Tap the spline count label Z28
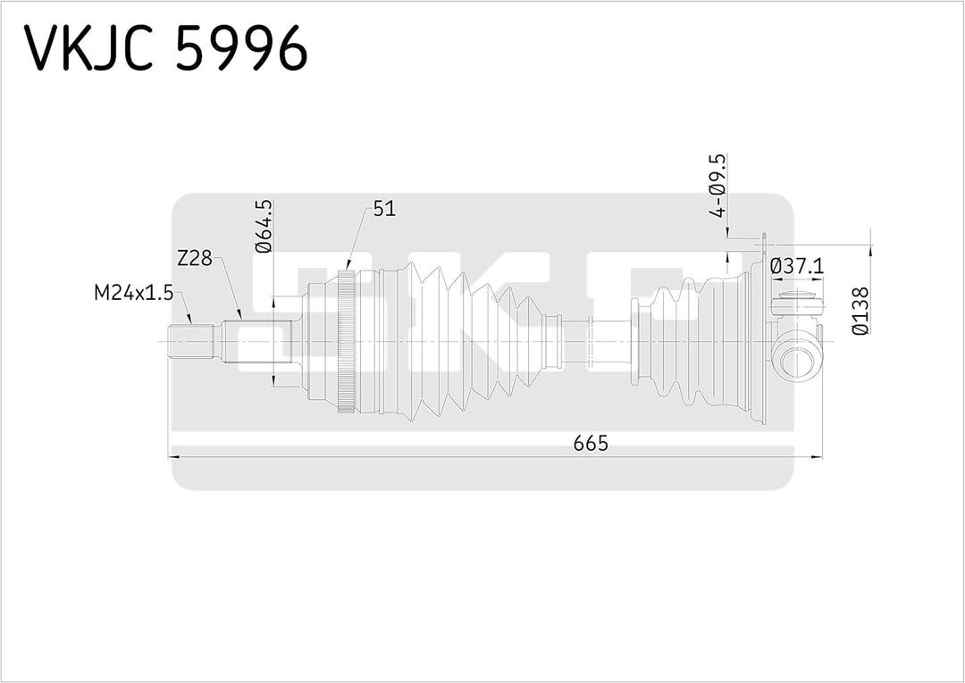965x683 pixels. [x=194, y=259]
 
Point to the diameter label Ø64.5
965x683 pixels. [x=264, y=227]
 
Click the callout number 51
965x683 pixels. [x=384, y=208]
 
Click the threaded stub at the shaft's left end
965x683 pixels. [x=189, y=343]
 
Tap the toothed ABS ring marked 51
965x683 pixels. [x=347, y=343]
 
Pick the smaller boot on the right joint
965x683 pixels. [x=697, y=343]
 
